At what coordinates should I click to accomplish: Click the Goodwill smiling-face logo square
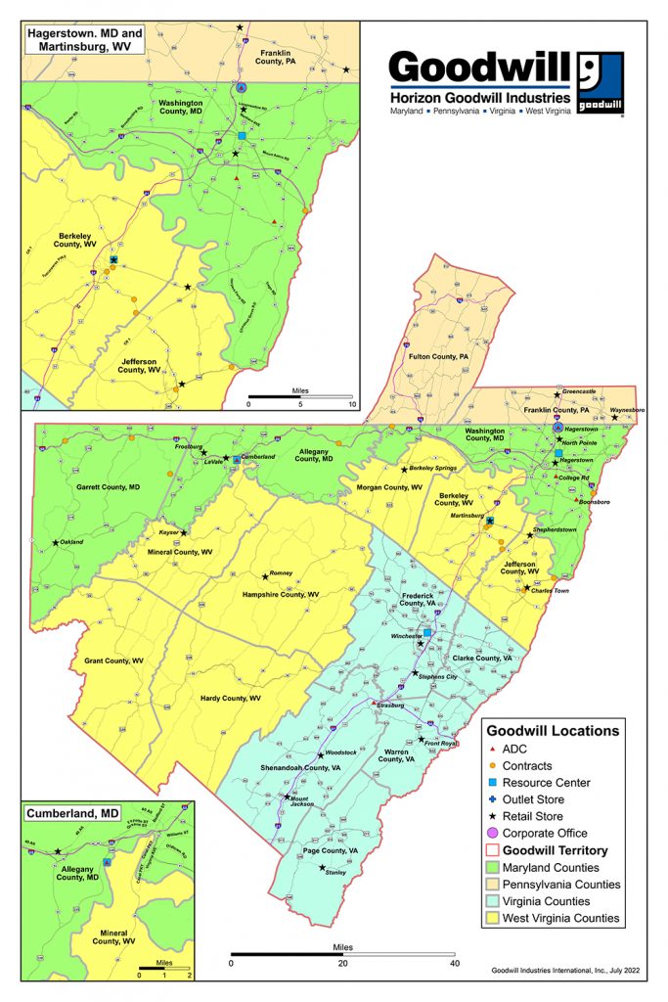tap(600, 82)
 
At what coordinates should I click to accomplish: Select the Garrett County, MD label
tap(109, 486)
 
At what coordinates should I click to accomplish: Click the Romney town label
tap(281, 573)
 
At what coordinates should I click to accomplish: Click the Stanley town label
tap(335, 873)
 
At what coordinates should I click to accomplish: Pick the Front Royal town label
tap(441, 745)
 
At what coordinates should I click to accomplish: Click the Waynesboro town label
tap(627, 411)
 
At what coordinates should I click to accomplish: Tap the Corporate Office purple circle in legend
tap(493, 833)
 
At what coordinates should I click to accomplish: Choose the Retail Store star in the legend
tap(493, 816)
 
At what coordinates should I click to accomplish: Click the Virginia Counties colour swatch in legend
tap(493, 901)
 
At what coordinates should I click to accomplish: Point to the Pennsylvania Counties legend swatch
tap(493, 885)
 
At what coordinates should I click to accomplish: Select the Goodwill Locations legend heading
tap(553, 730)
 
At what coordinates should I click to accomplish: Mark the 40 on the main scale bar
tap(454, 963)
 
